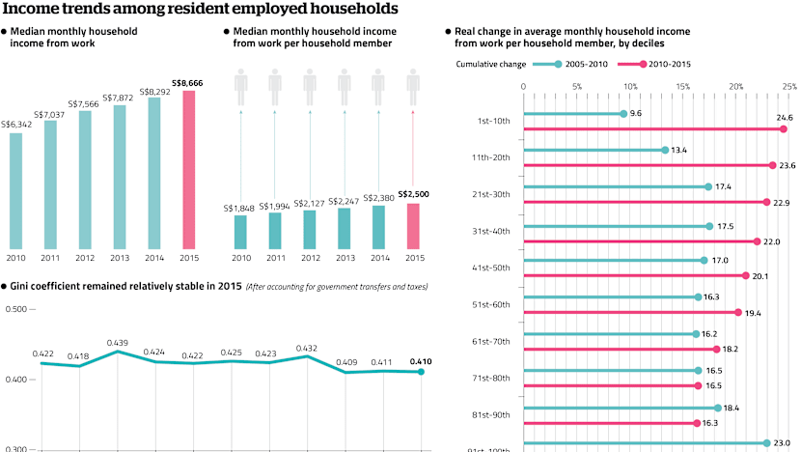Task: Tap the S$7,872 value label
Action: point(119,96)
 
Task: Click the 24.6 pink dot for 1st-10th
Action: point(783,128)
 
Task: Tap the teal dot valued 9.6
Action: point(623,114)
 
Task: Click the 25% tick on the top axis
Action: point(788,86)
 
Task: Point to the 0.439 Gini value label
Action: point(118,343)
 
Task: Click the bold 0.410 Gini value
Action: point(421,362)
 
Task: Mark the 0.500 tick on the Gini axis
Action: point(16,309)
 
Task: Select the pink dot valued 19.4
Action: point(737,312)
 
